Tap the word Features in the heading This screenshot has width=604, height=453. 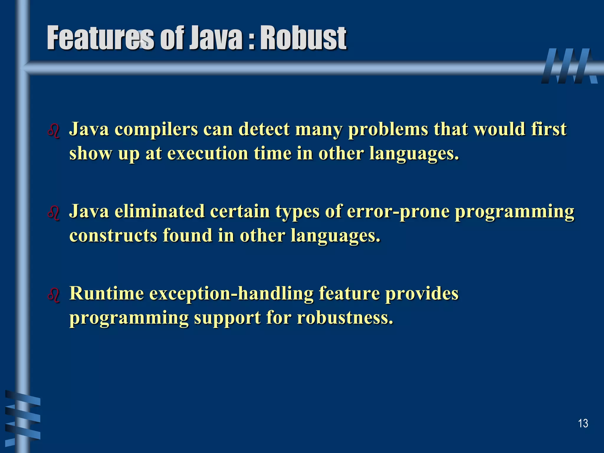[100, 38]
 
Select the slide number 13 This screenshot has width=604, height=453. [583, 424]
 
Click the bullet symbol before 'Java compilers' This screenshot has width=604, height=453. [54, 131]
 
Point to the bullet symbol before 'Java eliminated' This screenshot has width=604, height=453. [54, 213]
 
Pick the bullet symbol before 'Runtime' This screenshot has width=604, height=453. [54, 295]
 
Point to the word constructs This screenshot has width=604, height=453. [113, 236]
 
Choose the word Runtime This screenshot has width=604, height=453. [106, 293]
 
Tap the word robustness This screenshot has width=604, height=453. [345, 318]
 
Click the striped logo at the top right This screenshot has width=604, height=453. [569, 66]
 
